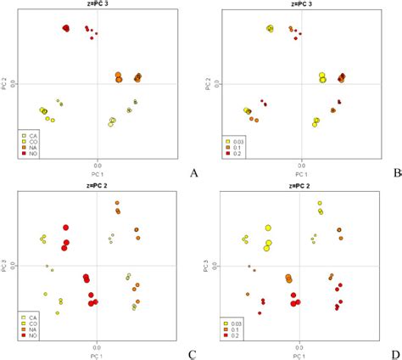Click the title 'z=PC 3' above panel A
(98, 6)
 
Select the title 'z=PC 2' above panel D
(299, 184)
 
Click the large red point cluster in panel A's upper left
(66, 29)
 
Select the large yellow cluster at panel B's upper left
(270, 29)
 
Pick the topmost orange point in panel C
(118, 203)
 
